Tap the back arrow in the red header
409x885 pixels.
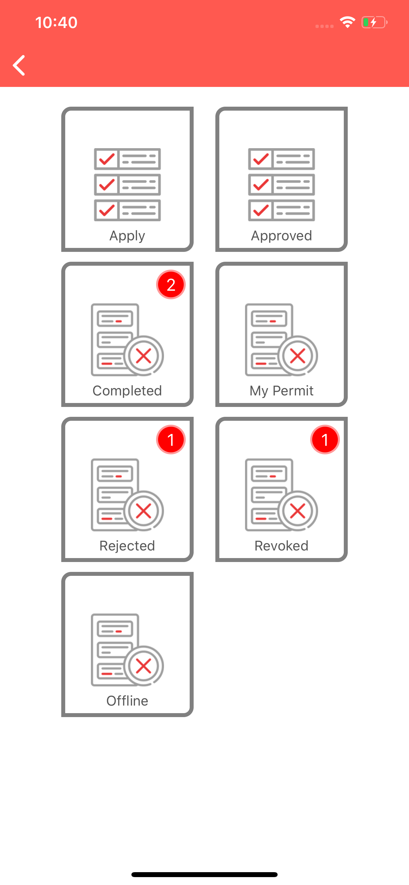19,65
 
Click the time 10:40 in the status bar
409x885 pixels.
56,23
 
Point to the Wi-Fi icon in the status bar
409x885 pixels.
347,22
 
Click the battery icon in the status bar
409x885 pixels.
374,22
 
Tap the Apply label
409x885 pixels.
127,236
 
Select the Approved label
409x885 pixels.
282,236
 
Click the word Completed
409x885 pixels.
127,390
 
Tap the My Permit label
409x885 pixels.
282,391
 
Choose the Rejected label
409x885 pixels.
127,546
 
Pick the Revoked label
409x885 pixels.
282,546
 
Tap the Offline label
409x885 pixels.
127,701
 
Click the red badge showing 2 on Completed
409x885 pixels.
171,284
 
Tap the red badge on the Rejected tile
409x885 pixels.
171,440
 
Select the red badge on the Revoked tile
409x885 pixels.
325,440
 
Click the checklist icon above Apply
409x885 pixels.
127,184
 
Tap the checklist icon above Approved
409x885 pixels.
282,184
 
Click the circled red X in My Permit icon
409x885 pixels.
298,356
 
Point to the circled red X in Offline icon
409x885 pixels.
144,666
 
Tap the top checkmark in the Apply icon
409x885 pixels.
107,159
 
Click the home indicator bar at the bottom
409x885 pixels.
204,874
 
